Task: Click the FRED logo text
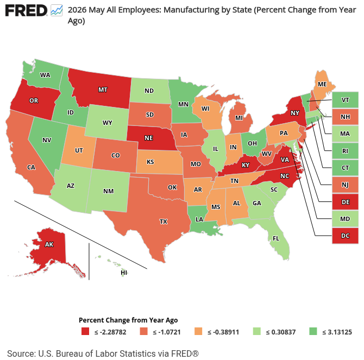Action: click(x=26, y=11)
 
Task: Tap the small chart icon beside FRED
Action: click(x=57, y=11)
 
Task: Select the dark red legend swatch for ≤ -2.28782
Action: click(x=85, y=331)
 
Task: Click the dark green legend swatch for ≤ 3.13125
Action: click(x=313, y=331)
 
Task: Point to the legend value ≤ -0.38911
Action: click(x=223, y=332)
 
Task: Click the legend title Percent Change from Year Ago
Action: click(x=128, y=320)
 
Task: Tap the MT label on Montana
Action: click(x=103, y=90)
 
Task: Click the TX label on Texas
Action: click(x=164, y=222)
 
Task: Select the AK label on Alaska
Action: click(x=49, y=244)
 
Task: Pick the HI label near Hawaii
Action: click(x=124, y=273)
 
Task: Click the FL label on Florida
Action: click(x=276, y=238)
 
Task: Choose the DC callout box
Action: click(x=345, y=236)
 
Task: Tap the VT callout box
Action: click(x=345, y=100)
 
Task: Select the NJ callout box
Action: click(x=345, y=185)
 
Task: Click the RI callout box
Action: click(x=345, y=151)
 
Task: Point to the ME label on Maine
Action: click(x=322, y=84)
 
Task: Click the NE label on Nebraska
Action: click(x=148, y=138)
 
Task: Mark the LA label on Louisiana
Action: click(x=199, y=219)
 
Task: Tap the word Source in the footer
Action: click(x=20, y=353)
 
